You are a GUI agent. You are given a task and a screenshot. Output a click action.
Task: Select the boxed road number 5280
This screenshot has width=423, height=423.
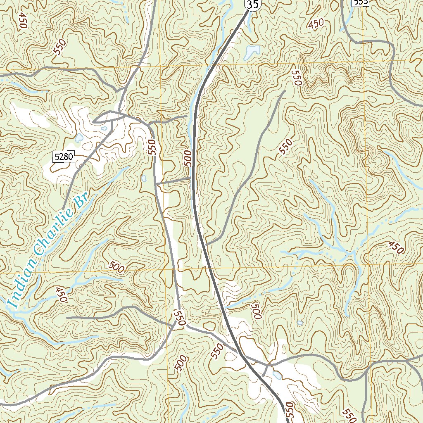[63, 157]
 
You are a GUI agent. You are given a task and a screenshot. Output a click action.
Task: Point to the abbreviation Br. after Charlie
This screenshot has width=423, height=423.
[81, 201]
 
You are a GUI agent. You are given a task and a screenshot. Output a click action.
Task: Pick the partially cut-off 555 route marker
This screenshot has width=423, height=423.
[360, 2]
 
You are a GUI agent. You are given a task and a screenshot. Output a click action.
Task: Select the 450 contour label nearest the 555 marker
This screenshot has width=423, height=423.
[316, 24]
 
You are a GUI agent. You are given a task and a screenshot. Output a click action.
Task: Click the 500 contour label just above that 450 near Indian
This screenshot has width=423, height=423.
[116, 267]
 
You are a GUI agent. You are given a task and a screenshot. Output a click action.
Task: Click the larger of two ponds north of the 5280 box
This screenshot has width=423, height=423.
[78, 137]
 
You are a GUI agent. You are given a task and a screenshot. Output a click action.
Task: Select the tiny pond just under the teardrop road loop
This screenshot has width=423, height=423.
[104, 128]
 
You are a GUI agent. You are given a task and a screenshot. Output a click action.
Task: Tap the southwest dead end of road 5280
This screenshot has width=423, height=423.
[63, 209]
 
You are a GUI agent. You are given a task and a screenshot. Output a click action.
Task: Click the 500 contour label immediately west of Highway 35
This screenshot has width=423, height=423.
[188, 158]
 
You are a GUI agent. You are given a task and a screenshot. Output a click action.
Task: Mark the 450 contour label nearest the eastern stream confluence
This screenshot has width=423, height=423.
[395, 247]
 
